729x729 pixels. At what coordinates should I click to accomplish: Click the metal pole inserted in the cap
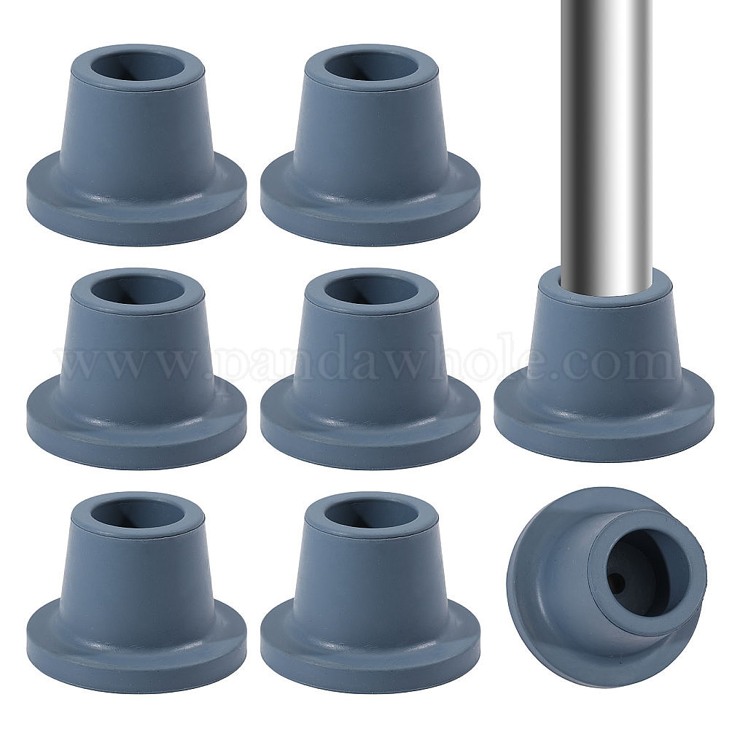(x=606, y=144)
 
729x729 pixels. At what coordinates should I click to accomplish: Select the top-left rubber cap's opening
(x=137, y=67)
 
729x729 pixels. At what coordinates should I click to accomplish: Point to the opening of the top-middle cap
(x=371, y=67)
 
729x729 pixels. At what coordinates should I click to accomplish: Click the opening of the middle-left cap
(x=137, y=291)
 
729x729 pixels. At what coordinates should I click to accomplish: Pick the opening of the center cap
(x=371, y=291)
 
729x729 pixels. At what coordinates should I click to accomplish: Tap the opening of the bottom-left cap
(x=137, y=514)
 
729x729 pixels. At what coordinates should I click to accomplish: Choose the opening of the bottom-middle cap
(x=371, y=514)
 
